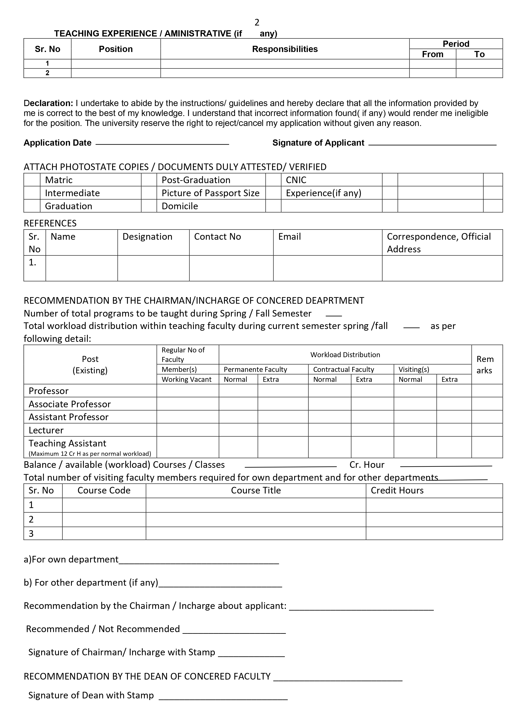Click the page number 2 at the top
[x=257, y=22]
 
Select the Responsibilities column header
[x=285, y=49]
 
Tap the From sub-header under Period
[x=432, y=54]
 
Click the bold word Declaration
[x=48, y=103]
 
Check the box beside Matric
[x=32, y=180]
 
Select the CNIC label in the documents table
[x=296, y=180]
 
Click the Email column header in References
[x=289, y=237]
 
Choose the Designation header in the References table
[x=147, y=237]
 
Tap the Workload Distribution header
[x=345, y=355]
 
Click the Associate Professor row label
[x=70, y=404]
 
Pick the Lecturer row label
[x=46, y=430]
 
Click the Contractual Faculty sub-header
[x=344, y=370]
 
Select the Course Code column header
[x=104, y=490]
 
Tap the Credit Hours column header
[x=397, y=490]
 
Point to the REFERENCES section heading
[x=50, y=223]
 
